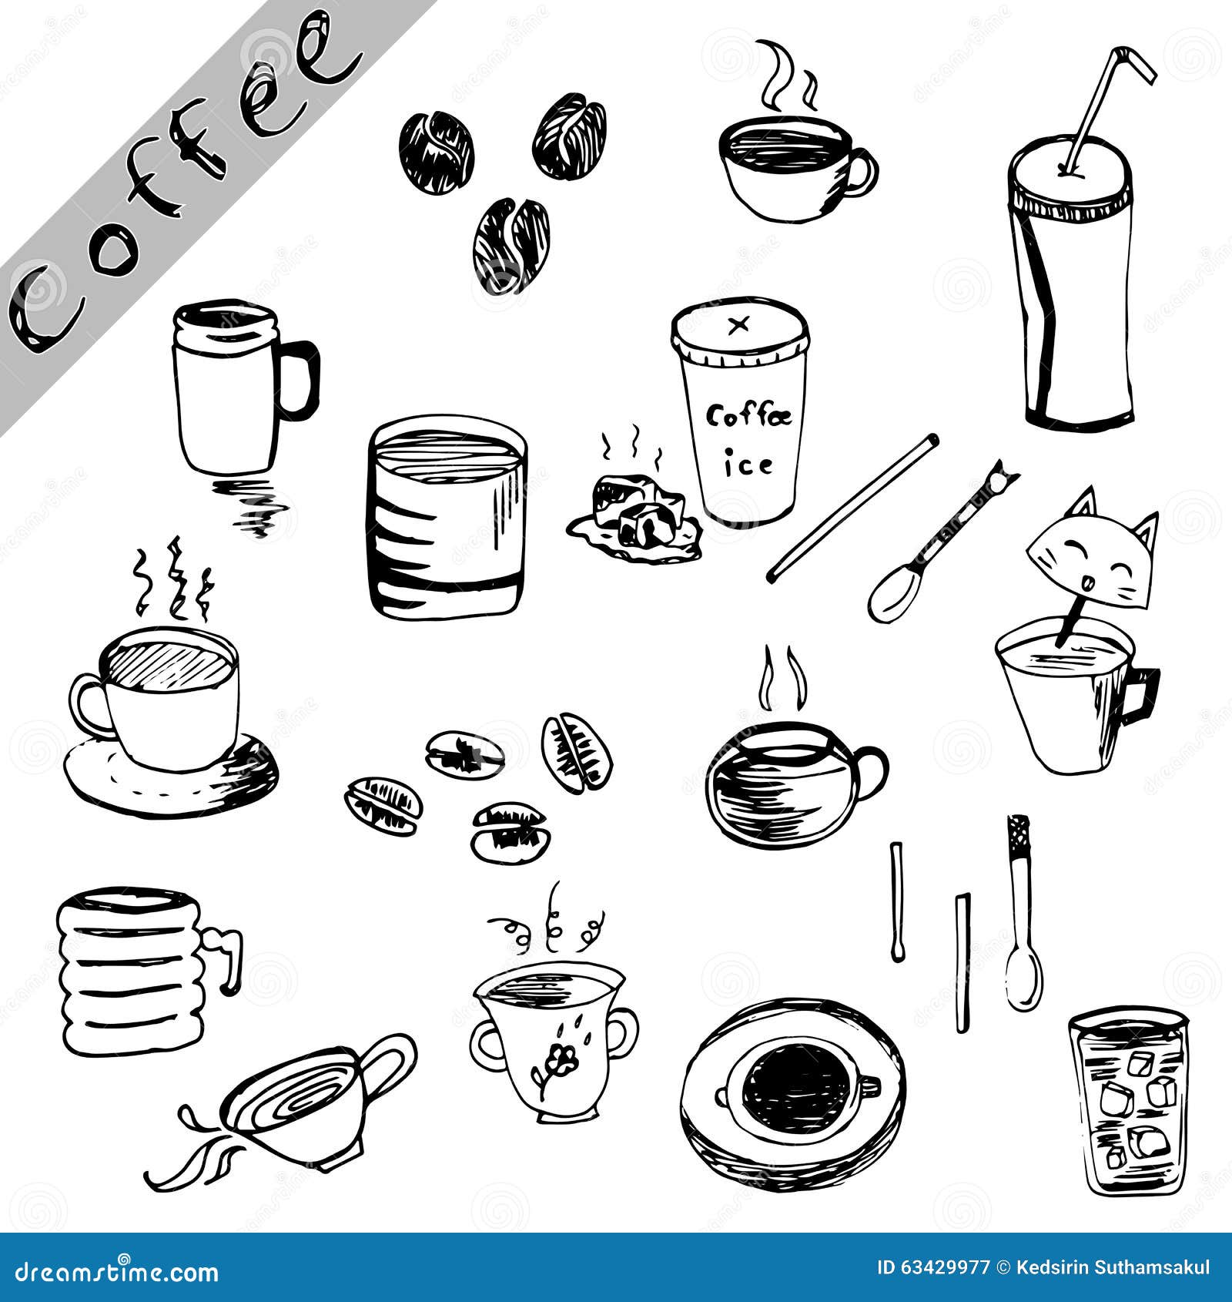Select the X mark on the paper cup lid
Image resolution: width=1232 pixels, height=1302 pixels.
click(x=738, y=325)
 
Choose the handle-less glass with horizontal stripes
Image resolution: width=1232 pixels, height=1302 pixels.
click(x=447, y=518)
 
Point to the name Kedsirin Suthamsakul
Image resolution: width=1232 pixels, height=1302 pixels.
click(x=1113, y=1267)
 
